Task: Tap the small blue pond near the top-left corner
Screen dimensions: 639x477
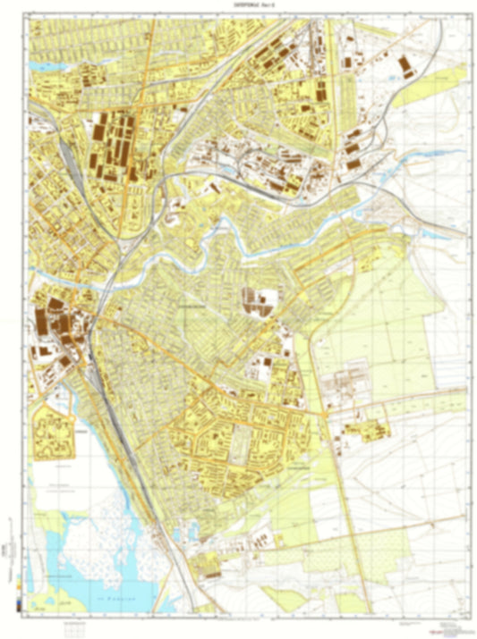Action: click(x=42, y=66)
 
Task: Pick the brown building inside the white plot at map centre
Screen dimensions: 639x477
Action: click(x=259, y=303)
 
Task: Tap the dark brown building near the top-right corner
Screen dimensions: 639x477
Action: click(x=407, y=64)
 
